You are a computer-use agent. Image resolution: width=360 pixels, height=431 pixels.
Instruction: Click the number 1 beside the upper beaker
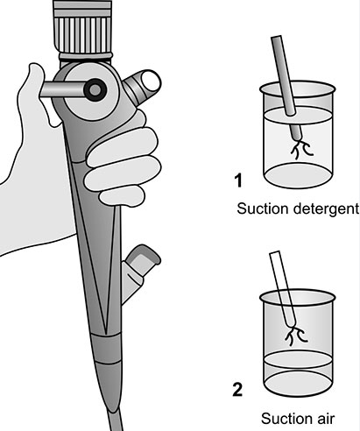click(237, 182)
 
